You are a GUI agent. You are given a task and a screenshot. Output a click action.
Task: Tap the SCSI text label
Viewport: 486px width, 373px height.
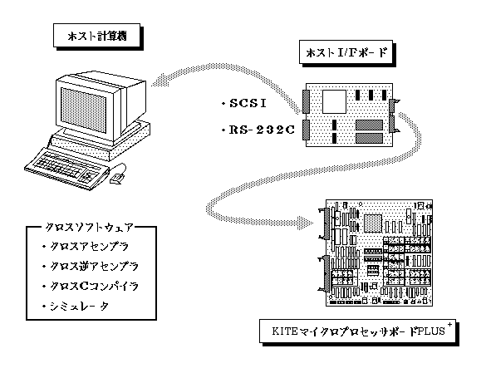pos(248,103)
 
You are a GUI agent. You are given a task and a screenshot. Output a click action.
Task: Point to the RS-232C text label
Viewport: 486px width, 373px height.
pos(262,130)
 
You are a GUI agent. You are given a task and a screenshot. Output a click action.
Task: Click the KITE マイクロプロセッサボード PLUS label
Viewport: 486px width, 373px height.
pos(358,331)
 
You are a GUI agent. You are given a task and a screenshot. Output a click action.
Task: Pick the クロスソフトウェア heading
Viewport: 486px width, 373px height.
pos(89,228)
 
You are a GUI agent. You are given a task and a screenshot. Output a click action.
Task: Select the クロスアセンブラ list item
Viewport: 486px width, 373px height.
pos(89,247)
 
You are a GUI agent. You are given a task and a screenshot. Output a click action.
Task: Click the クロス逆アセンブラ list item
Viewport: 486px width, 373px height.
pos(94,267)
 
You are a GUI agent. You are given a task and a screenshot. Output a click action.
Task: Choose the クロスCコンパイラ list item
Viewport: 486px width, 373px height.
pos(94,286)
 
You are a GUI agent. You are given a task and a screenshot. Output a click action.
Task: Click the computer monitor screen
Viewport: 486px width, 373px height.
pos(84,109)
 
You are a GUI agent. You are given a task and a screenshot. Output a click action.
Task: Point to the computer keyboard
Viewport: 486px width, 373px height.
pos(66,169)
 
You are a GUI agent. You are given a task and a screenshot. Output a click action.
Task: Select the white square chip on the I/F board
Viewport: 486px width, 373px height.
pos(334,101)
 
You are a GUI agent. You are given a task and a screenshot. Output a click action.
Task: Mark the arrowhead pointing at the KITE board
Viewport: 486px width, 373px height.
pos(307,223)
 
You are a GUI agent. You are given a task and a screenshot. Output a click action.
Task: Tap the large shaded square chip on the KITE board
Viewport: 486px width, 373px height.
pos(372,223)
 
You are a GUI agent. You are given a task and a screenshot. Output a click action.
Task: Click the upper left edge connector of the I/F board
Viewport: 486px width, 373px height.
pos(306,101)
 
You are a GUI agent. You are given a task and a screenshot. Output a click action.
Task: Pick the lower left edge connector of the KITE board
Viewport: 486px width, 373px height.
pos(326,273)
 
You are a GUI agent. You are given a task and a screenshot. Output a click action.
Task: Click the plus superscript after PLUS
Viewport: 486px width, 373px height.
pos(449,324)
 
